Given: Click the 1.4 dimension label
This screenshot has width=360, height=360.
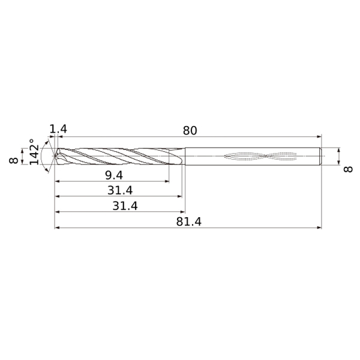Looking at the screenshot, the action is tap(58, 129).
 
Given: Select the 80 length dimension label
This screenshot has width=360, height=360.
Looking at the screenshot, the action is tap(190, 131).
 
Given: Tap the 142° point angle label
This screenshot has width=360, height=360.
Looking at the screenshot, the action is tap(34, 152).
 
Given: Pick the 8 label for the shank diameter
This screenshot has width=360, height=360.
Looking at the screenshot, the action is tap(348, 169).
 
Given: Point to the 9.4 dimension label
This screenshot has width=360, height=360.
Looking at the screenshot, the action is tap(114, 176).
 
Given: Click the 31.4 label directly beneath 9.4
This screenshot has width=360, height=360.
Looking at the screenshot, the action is tap(120, 190).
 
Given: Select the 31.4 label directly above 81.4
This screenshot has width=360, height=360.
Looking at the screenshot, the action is tap(125, 206).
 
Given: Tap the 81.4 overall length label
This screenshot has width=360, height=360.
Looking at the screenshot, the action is tap(189, 222).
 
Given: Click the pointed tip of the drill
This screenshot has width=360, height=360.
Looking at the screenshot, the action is tap(55, 156).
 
